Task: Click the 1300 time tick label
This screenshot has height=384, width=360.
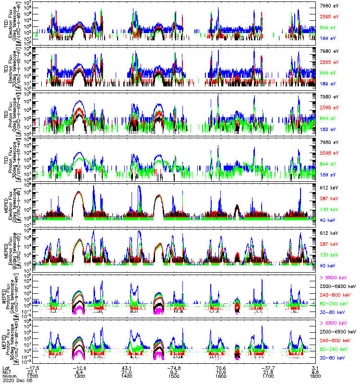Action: coord(80,376)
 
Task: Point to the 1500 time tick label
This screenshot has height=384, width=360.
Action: coord(174,376)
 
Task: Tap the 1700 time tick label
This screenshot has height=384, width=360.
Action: coord(268,376)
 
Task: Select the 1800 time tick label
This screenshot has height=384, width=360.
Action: coord(315,376)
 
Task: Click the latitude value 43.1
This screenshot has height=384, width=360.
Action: coord(127,368)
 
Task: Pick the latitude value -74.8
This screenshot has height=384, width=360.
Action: coord(174,368)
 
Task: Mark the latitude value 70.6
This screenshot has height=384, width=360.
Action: coord(221,368)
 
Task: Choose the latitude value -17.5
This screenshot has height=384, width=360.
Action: coord(33,368)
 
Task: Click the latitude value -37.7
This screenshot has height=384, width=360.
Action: coord(268,368)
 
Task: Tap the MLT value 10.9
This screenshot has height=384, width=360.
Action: coord(221,372)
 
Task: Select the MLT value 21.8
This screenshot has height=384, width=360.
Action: coord(268,372)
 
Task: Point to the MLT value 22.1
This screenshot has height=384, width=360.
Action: coord(33,372)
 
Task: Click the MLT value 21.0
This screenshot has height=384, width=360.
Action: coord(127,372)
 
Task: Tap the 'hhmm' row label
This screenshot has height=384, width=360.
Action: coord(7,376)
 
